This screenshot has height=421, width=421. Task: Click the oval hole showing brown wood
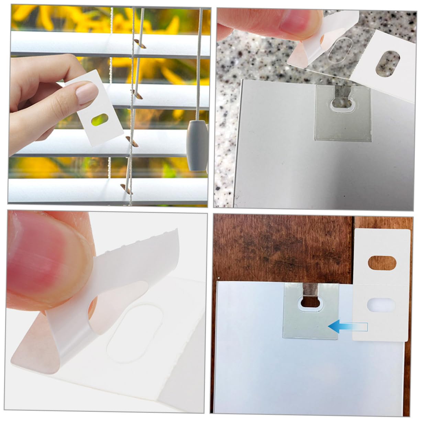[381, 263]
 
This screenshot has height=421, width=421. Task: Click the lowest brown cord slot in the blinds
[126, 189]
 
